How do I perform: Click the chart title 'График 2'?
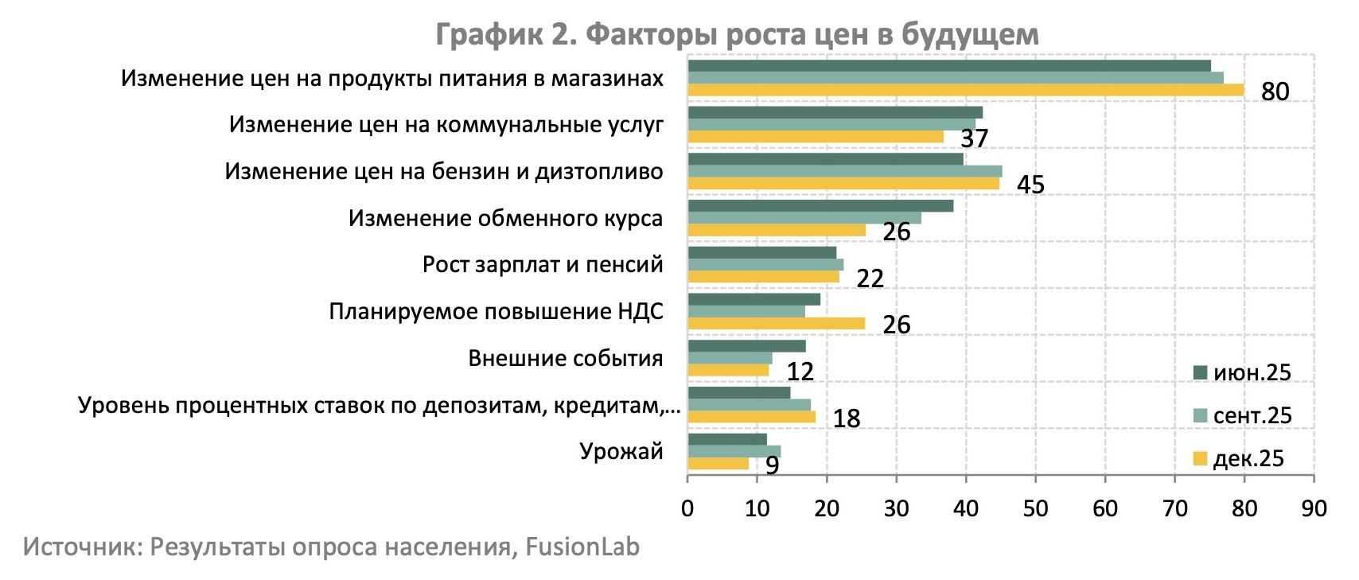pyautogui.click(x=737, y=34)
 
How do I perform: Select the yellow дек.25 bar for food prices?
pyautogui.click(x=965, y=90)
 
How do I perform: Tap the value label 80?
pyautogui.click(x=1275, y=91)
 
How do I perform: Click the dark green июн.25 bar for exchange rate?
pyautogui.click(x=820, y=206)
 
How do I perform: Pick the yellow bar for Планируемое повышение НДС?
pyautogui.click(x=776, y=323)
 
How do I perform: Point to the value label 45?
pyautogui.click(x=1030, y=185)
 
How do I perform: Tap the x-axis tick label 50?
pyautogui.click(x=1035, y=508)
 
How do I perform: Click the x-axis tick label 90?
pyautogui.click(x=1314, y=508)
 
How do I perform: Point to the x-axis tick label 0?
pyautogui.click(x=687, y=508)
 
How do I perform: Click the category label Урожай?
pyautogui.click(x=621, y=451)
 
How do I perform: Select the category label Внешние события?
pyautogui.click(x=565, y=358)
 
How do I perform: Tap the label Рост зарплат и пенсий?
pyautogui.click(x=543, y=264)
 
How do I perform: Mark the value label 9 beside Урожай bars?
pyautogui.click(x=772, y=465)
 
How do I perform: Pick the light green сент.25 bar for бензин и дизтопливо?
pyautogui.click(x=844, y=171)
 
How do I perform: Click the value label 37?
pyautogui.click(x=974, y=138)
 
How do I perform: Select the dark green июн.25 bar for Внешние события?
pyautogui.click(x=746, y=346)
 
